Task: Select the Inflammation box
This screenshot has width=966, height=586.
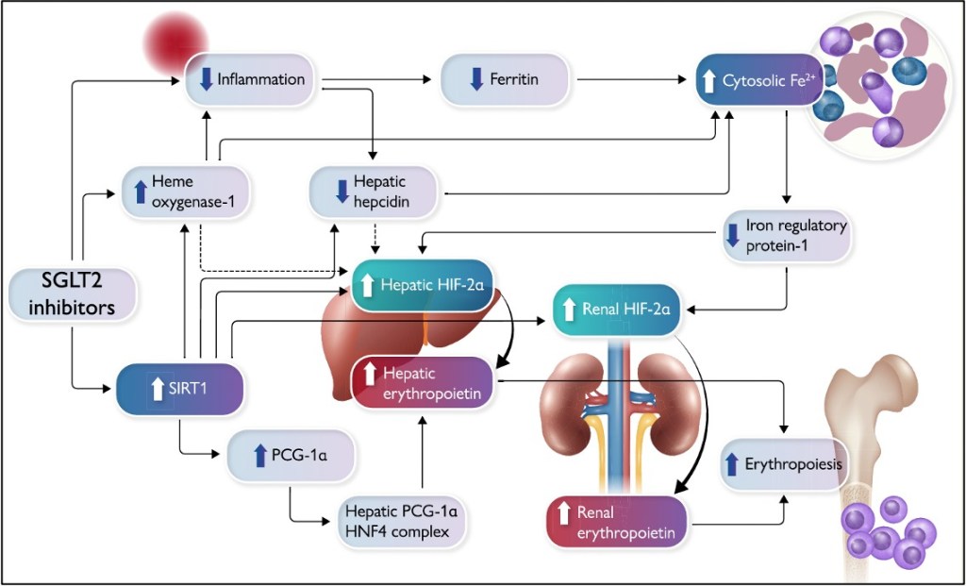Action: click(250, 79)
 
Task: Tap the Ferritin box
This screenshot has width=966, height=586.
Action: click(506, 79)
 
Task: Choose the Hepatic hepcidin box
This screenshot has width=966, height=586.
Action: click(374, 192)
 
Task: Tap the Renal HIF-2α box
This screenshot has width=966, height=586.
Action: click(616, 310)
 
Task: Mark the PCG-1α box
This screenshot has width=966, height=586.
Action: click(290, 458)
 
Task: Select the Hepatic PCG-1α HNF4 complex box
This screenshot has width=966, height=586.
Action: click(404, 521)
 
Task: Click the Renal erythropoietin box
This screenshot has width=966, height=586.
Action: click(618, 523)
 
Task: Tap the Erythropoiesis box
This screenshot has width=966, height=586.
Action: click(782, 463)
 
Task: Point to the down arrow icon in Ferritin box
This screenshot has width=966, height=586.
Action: click(475, 80)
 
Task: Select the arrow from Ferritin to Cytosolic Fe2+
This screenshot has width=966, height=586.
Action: click(632, 80)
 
